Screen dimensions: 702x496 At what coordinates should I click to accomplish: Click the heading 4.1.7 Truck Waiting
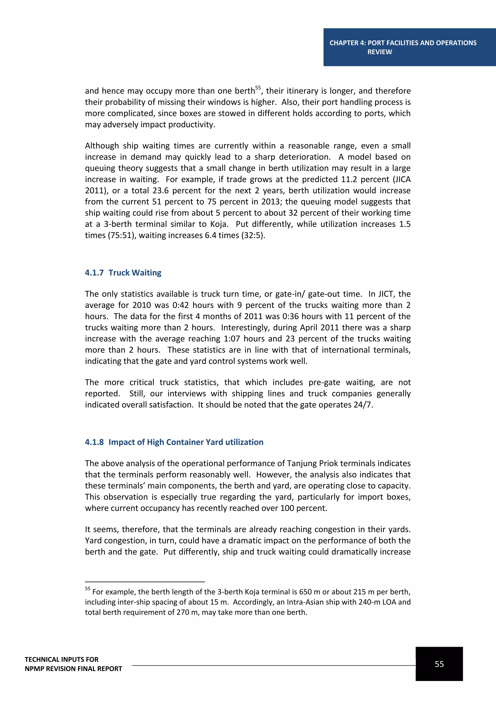pyautogui.click(x=123, y=272)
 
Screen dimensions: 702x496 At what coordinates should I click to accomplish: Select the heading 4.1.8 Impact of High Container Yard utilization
pyautogui.click(x=174, y=442)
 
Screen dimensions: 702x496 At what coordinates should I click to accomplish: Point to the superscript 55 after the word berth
pyautogui.click(x=258, y=88)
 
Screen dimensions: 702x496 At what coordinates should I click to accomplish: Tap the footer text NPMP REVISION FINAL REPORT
pyautogui.click(x=73, y=669)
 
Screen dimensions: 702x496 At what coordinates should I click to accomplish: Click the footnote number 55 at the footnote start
pyautogui.click(x=88, y=589)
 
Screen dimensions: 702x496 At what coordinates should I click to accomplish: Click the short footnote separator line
pyautogui.click(x=145, y=582)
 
